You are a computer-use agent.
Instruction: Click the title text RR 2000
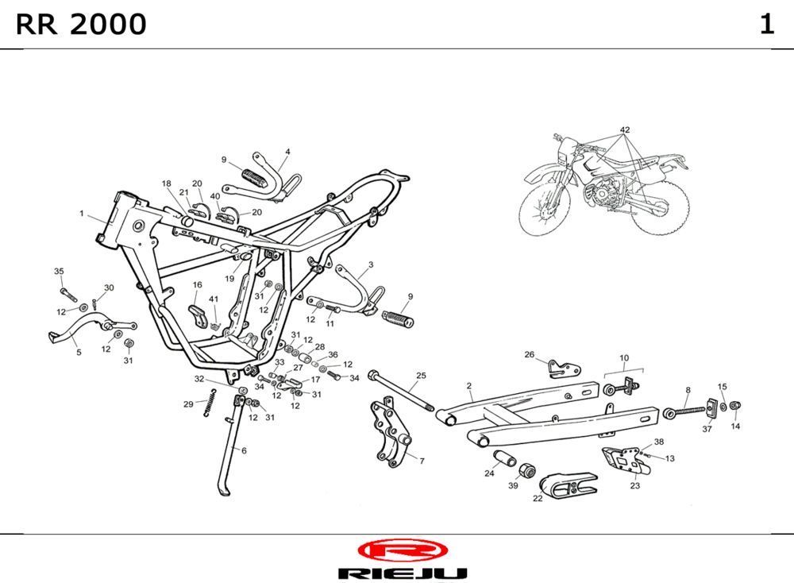(x=81, y=25)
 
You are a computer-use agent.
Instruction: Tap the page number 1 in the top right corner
(x=766, y=25)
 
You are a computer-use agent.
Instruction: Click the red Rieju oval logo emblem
(x=403, y=550)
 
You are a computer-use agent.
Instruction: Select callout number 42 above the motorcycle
(x=625, y=129)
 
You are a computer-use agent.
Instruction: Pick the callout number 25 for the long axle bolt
(x=421, y=375)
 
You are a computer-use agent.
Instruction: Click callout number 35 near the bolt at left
(x=59, y=272)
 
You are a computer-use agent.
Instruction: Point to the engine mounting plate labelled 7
(x=391, y=436)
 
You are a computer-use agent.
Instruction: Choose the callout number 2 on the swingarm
(x=469, y=385)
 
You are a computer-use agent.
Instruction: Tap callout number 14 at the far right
(x=735, y=427)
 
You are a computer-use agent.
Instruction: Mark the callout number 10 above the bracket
(x=624, y=358)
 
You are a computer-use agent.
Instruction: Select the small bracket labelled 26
(x=565, y=367)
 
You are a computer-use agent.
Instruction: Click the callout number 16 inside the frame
(x=197, y=284)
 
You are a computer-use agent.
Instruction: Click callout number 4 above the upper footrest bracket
(x=287, y=151)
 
